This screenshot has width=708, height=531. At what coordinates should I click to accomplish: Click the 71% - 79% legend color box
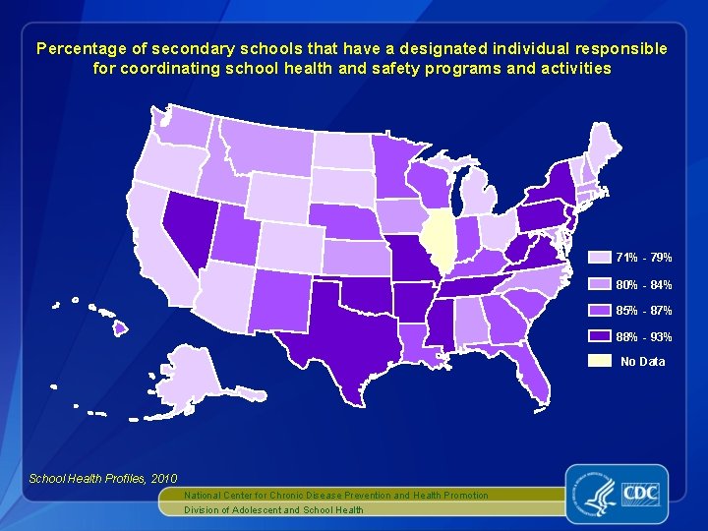tap(599, 258)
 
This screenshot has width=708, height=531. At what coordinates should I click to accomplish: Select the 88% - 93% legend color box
tap(599, 336)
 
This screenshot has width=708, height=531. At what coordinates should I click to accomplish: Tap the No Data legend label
tap(642, 362)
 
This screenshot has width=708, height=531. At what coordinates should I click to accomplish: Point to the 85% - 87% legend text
tap(643, 311)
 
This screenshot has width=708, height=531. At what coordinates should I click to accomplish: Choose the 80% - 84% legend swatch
tap(599, 284)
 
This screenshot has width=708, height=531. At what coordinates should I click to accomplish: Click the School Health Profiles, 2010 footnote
tap(89, 478)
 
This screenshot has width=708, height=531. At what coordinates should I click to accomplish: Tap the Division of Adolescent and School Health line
tap(274, 509)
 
